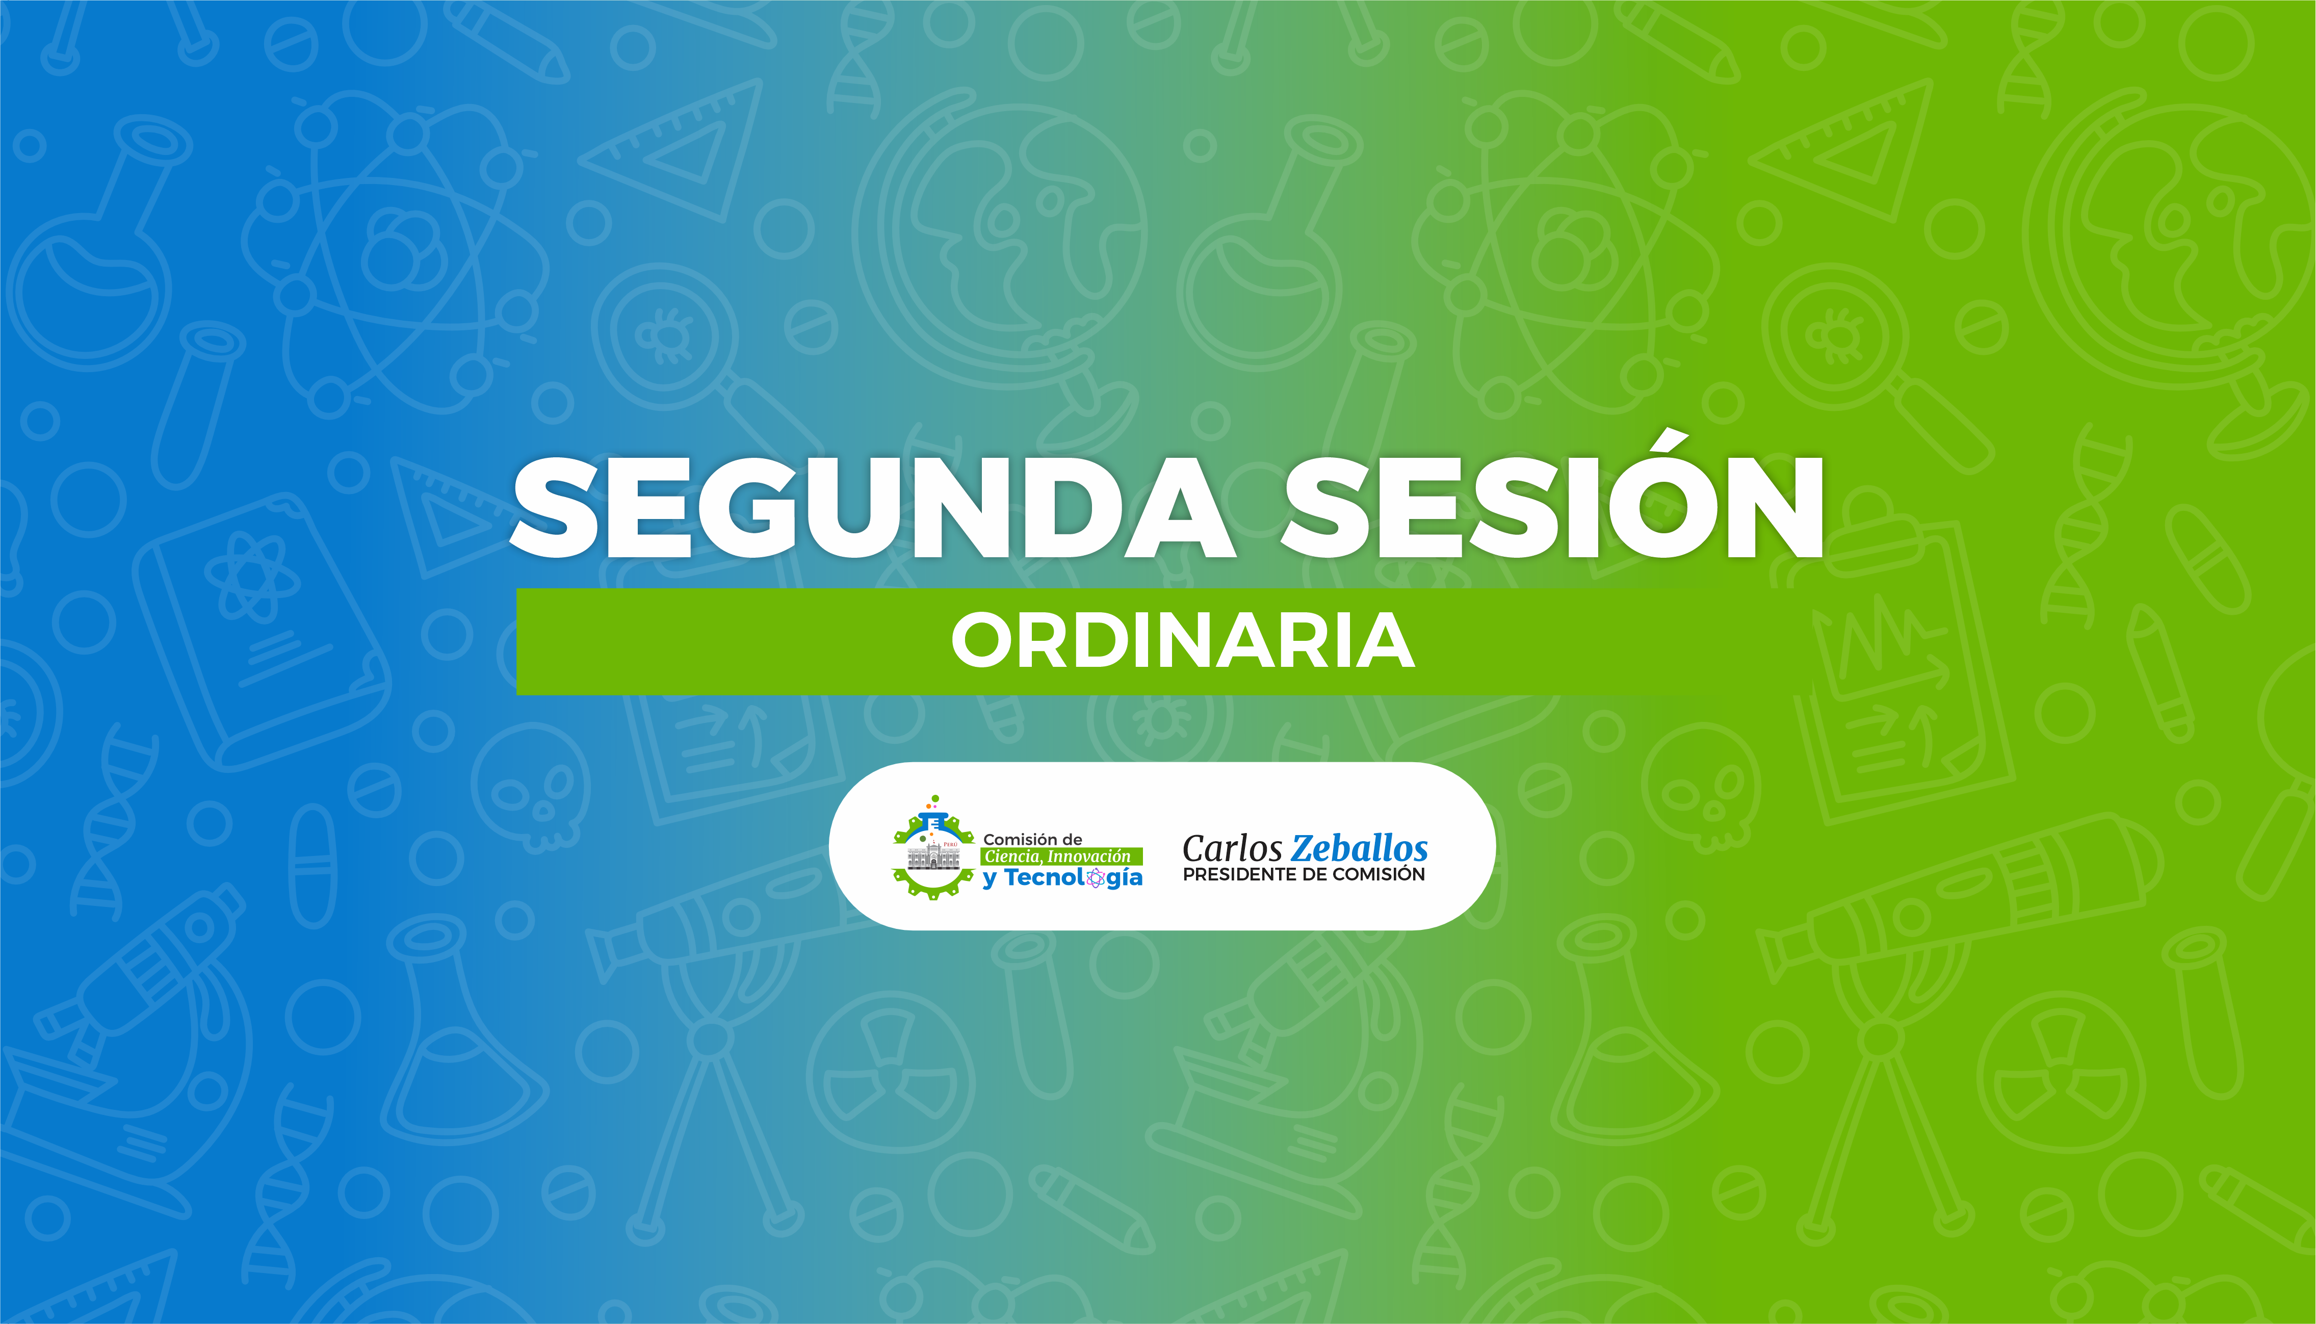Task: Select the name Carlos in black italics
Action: pos(1232,849)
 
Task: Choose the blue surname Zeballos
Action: pos(1360,849)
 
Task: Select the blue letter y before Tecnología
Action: pos(990,880)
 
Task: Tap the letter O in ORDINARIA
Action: pos(983,641)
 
